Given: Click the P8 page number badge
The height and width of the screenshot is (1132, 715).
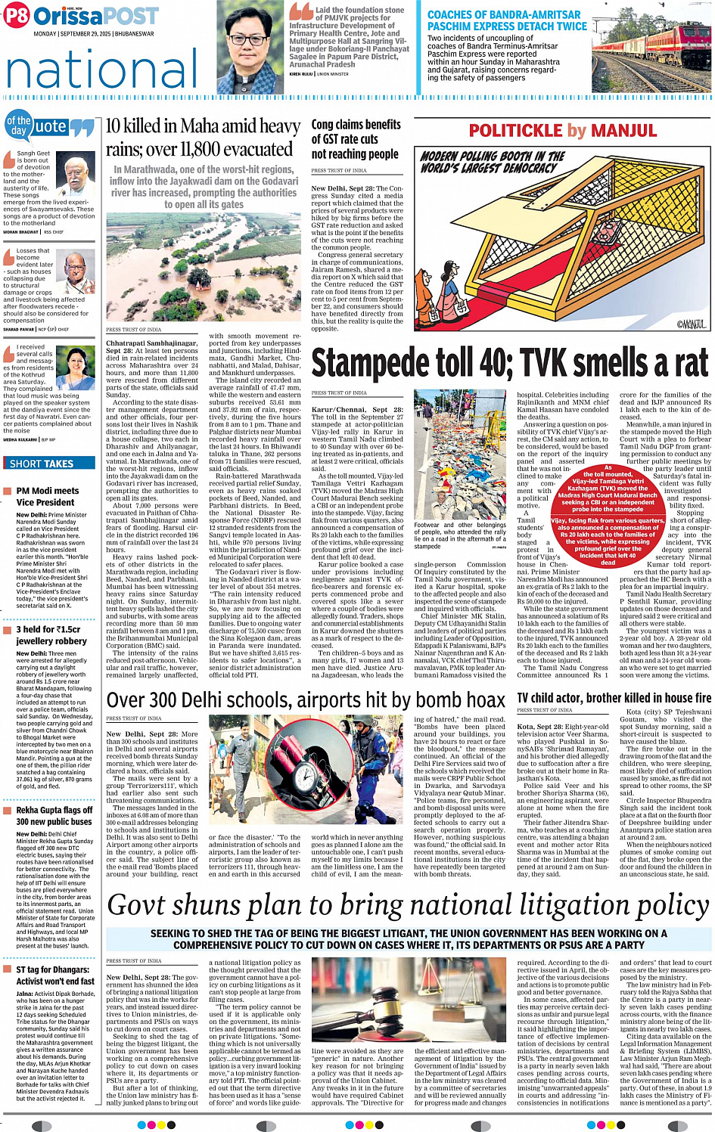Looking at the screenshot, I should coord(16,16).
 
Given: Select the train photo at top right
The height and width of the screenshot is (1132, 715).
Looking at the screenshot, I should coord(651,45).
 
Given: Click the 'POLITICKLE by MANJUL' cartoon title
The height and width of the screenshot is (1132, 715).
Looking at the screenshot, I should coord(563,131).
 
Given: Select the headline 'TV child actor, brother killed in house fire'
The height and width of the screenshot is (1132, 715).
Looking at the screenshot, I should coord(614,698).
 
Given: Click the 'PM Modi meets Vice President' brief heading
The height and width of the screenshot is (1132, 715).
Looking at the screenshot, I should coord(47,496).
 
